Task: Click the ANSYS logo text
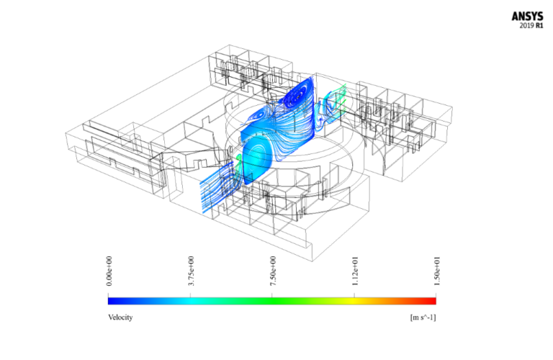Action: point(528,15)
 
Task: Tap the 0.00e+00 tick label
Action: point(109,273)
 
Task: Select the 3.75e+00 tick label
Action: point(191,273)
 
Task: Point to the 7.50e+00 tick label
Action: point(272,273)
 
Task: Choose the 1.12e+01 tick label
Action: point(354,273)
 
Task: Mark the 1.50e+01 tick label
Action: point(436,273)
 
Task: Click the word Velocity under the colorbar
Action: point(120,317)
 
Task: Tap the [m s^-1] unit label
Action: point(422,317)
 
